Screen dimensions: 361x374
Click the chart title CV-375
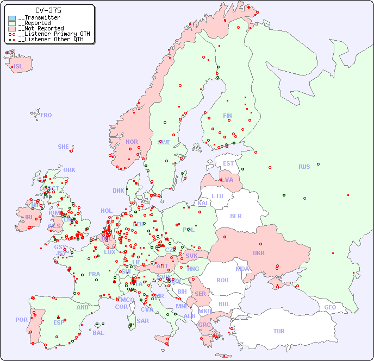pos(48,10)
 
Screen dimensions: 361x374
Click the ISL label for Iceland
pos(18,67)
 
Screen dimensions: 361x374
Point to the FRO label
pos(46,115)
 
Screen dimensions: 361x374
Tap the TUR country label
pos(279,331)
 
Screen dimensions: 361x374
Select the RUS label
pos(304,167)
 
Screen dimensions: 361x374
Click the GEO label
pos(330,307)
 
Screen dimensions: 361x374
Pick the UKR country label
pos(258,253)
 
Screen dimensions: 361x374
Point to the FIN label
pos(227,116)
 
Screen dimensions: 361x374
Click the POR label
pos(21,320)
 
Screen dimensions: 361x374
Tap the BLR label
pos(235,216)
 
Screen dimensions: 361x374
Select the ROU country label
pos(222,280)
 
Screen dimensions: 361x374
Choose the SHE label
pos(64,147)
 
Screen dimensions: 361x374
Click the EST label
pos(228,163)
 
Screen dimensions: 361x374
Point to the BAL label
pos(98,333)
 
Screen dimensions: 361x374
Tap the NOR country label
pos(132,142)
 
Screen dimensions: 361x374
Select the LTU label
pos(217,196)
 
